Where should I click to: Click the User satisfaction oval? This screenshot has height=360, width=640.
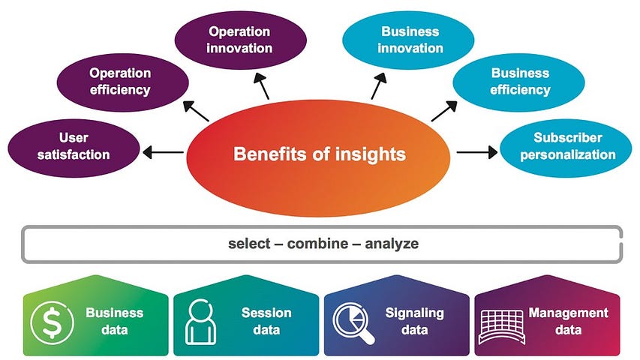point(74,145)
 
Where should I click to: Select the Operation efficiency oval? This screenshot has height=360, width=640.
point(119,82)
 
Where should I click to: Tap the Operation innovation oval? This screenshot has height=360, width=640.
point(239,40)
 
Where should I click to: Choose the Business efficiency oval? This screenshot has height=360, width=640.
point(519,82)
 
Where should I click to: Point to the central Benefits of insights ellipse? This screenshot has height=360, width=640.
point(319,155)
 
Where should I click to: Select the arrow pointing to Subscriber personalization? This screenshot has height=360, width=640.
point(476,152)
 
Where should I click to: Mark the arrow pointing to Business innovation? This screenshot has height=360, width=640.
point(377,87)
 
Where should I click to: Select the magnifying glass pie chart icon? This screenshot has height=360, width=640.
point(353,320)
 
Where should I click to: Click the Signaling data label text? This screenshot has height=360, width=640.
point(414,320)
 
